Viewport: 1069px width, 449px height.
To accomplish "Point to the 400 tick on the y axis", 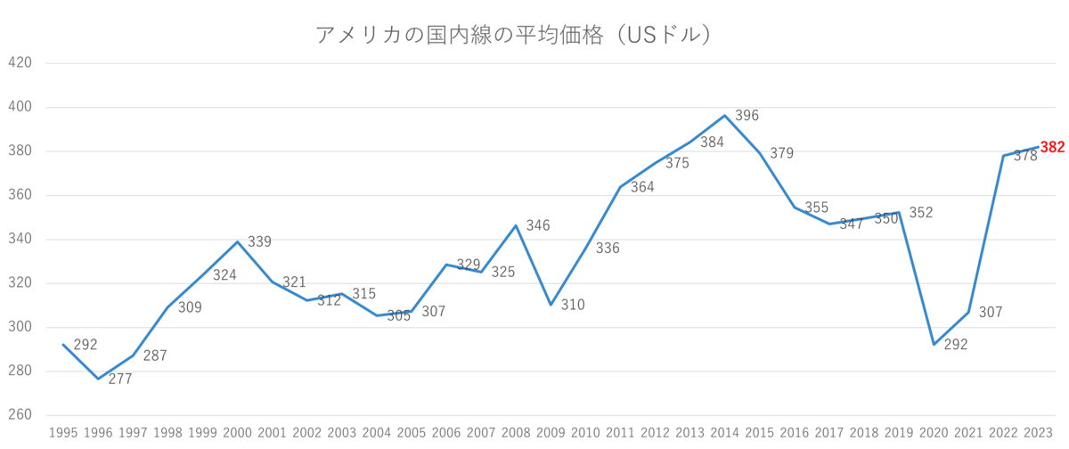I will [20, 107].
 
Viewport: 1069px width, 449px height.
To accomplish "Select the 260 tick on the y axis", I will [20, 415].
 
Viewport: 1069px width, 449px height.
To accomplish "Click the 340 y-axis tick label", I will [20, 239].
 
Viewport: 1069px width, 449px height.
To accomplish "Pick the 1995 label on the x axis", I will [61, 433].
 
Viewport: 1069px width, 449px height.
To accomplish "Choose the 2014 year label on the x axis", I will [724, 433].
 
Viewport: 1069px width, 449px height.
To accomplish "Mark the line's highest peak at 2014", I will [724, 115].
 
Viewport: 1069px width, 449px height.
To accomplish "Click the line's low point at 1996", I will [96, 379].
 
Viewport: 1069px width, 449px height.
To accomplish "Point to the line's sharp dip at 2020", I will [934, 345].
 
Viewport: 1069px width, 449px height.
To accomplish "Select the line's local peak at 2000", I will [236, 241].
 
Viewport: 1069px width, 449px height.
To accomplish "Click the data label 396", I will [746, 116].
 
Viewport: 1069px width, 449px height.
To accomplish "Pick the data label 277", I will [119, 380].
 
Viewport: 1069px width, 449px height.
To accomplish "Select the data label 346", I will [538, 225].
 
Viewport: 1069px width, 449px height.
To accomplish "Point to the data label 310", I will [573, 305].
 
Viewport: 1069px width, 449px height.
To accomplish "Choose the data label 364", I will [642, 188].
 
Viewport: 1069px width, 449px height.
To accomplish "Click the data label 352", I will [920, 212].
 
